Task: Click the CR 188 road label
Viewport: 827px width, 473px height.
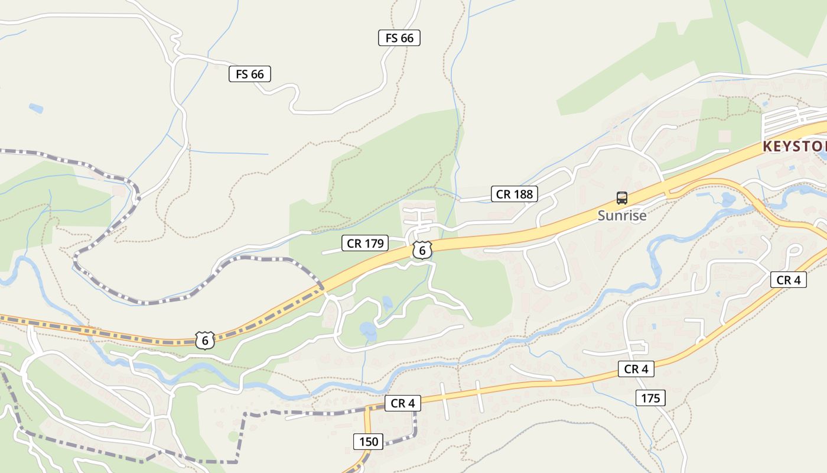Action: pos(514,194)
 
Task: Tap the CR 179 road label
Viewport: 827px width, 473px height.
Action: pos(365,243)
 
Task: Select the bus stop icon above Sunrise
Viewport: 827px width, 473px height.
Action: pos(621,198)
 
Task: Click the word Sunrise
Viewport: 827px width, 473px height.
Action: pos(622,216)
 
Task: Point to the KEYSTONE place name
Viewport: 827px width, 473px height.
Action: pos(795,147)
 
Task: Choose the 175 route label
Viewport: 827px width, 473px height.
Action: pos(650,398)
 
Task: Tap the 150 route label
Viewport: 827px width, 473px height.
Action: pos(368,442)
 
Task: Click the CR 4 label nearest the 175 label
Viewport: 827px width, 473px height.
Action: pos(636,369)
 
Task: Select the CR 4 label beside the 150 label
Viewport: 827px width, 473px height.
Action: pos(403,403)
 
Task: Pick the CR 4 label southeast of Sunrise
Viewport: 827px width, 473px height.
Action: pos(788,280)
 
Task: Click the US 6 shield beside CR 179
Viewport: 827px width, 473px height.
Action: pos(422,250)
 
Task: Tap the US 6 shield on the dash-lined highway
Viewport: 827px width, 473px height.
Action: pos(204,340)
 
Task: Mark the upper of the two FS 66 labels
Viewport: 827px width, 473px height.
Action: pos(399,38)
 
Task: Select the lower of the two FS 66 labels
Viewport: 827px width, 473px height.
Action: pos(250,74)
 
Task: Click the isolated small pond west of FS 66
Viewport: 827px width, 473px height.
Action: pos(36,108)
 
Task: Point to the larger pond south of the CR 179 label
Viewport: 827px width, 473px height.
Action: pos(367,329)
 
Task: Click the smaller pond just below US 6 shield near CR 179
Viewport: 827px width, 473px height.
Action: pos(387,304)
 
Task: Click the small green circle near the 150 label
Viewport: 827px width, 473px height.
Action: pos(233,436)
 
